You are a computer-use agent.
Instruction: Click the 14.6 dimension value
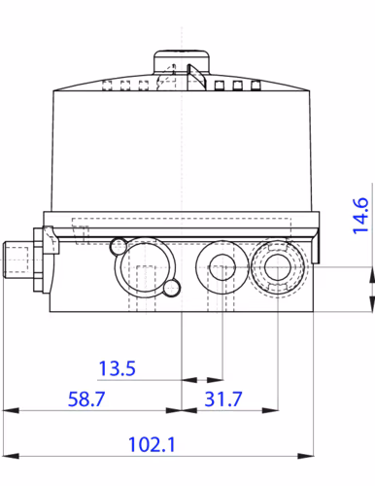359,216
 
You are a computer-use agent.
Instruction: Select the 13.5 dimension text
119,369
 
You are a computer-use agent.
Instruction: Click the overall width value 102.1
152,445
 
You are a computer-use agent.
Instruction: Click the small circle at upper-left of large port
119,244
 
